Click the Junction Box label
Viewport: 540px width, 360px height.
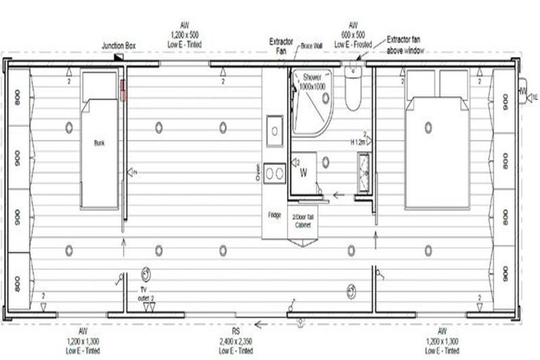pos(118,46)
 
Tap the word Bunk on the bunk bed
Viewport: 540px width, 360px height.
pos(98,142)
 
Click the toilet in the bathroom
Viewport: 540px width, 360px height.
pos(352,89)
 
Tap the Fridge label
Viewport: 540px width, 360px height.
pos(274,214)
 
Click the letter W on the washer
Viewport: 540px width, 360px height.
pos(303,171)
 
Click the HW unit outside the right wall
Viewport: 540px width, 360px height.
pos(523,91)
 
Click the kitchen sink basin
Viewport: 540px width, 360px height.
pos(274,131)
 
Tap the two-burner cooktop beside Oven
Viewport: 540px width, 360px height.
pos(274,172)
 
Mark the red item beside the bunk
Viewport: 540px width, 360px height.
pos(123,89)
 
